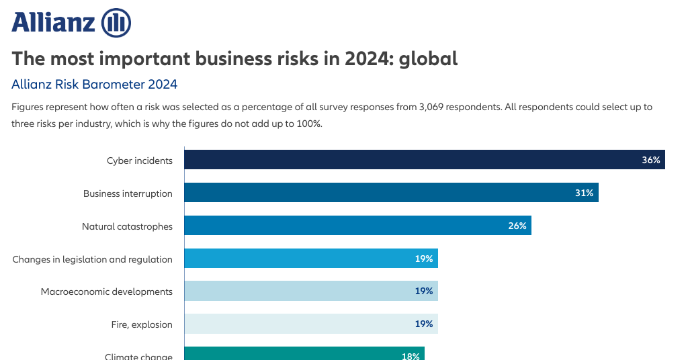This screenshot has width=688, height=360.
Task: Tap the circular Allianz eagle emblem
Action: (x=116, y=24)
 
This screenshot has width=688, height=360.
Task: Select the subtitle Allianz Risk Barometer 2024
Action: (x=95, y=85)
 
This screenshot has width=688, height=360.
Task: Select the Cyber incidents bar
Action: (x=424, y=160)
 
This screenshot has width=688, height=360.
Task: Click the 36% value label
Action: (x=650, y=161)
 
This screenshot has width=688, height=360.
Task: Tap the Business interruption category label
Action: (x=128, y=193)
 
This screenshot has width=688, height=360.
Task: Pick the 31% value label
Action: (x=584, y=193)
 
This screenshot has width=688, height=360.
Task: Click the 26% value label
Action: (x=517, y=226)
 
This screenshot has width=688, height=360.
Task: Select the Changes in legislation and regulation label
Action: (x=93, y=259)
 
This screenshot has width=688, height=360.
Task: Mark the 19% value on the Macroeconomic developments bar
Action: (x=423, y=291)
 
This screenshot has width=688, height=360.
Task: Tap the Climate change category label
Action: (x=138, y=356)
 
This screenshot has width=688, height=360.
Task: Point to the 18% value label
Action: (x=410, y=356)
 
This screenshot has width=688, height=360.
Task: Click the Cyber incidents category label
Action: (x=140, y=161)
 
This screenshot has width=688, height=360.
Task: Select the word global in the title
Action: (x=428, y=58)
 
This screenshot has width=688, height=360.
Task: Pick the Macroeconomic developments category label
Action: (x=107, y=291)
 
